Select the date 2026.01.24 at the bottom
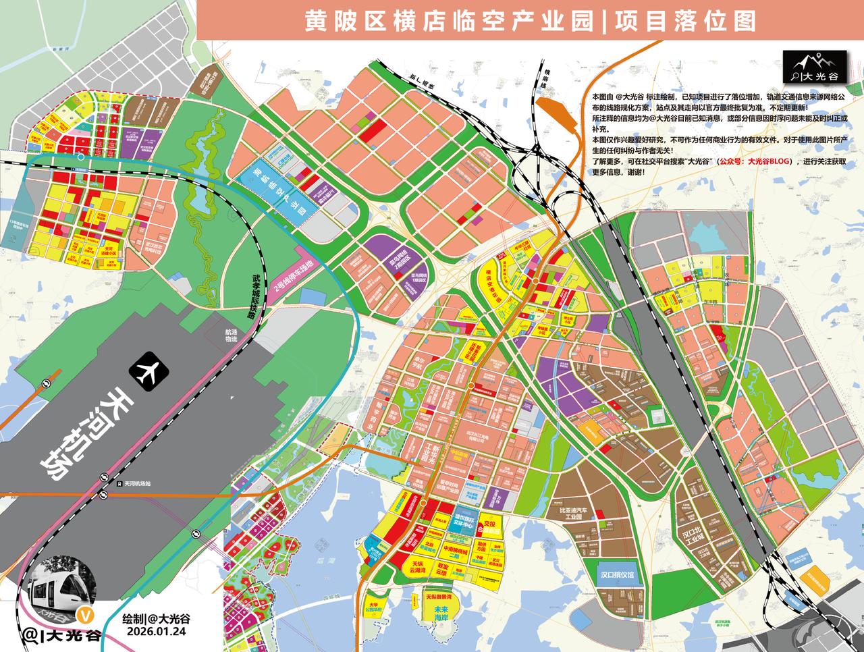click(156, 630)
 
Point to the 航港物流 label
click(232, 335)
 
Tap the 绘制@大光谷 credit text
click(156, 618)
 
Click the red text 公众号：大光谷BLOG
click(753, 162)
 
